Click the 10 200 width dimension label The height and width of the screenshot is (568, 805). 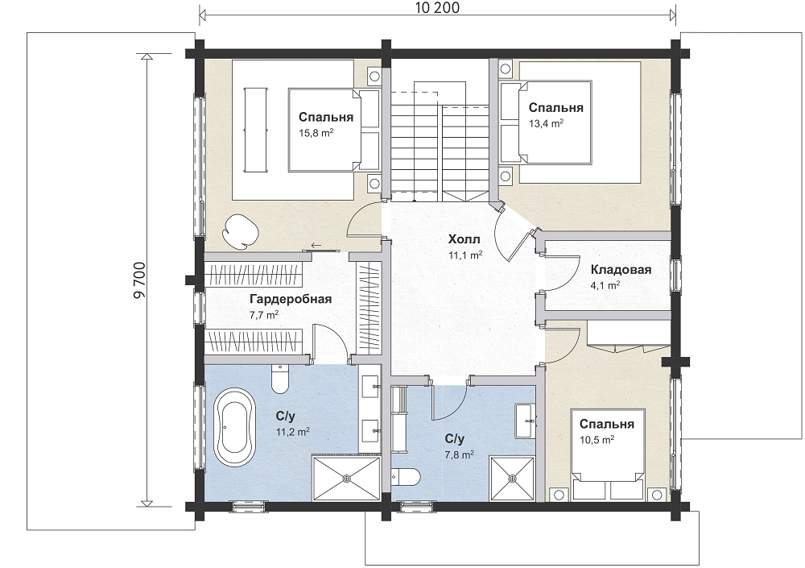pos(437,8)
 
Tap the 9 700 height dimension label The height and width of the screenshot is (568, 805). pos(139,280)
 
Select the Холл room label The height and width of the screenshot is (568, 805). pos(464,239)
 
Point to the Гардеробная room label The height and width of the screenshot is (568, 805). pos(291,299)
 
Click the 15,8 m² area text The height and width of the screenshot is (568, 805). pos(316,133)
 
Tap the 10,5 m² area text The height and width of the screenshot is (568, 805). pos(597,440)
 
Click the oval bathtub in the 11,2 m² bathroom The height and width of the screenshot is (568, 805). pos(234,427)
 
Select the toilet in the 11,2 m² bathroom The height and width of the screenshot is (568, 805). pos(280,379)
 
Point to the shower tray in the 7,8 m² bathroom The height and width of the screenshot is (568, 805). pos(512,479)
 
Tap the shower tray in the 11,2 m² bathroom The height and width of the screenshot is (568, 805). pos(346,479)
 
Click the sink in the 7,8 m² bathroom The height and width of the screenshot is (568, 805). pos(525,421)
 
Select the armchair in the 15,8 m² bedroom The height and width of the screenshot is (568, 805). pos(241,230)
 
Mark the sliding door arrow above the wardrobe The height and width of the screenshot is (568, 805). pos(316,246)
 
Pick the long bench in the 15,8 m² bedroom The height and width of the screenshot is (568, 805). pos(255,130)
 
